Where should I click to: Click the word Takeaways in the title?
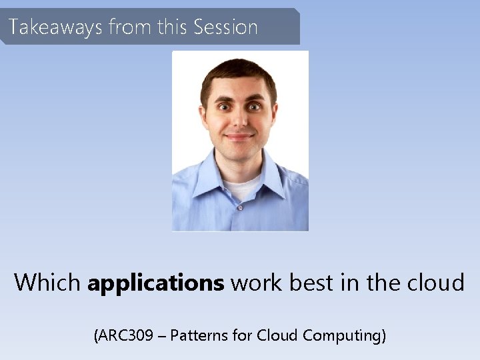coord(55,27)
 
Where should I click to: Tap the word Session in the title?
coord(225,27)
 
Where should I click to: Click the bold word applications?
coord(155,283)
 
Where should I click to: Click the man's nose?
coord(239,121)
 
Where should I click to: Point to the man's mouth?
coord(239,136)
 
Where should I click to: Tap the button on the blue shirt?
coord(239,207)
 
